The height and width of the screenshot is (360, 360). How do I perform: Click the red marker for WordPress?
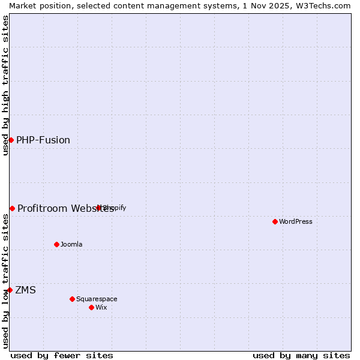[x=275, y=221]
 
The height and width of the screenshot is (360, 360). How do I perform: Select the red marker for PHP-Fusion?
[x=11, y=140]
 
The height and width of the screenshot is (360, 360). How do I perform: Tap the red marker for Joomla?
[x=57, y=244]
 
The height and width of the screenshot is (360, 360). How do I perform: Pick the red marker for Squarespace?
[x=72, y=299]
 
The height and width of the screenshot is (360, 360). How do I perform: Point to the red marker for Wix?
[x=91, y=307]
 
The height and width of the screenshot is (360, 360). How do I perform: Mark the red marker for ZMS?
[x=10, y=290]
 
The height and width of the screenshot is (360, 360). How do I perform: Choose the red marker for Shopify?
[x=99, y=208]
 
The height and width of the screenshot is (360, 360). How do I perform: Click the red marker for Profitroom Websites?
[x=12, y=208]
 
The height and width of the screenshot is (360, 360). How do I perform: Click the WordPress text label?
[x=296, y=221]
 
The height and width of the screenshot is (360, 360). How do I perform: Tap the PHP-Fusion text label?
[x=43, y=140]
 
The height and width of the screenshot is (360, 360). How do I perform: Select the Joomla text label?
[x=71, y=244]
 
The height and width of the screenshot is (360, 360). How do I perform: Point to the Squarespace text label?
[x=97, y=299]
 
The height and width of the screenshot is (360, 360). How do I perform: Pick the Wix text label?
[x=101, y=307]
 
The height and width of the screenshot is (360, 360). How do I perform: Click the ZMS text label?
[x=26, y=290]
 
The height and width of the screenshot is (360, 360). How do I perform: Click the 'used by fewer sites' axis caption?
[x=62, y=355]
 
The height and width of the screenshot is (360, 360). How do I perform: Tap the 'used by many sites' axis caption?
[x=301, y=355]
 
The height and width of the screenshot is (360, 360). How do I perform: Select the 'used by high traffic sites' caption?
[x=5, y=85]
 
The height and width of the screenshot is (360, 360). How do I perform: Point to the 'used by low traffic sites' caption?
[x=5, y=281]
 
